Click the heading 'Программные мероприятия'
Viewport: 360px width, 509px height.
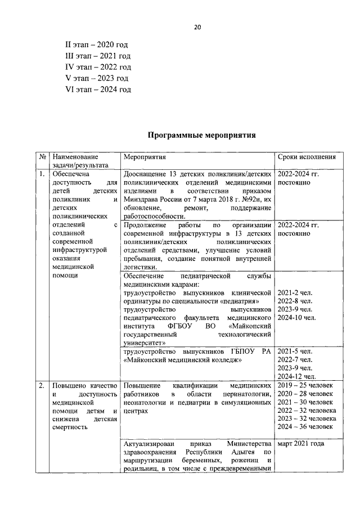click(x=201, y=135)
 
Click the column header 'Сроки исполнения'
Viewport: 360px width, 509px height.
click(x=307, y=157)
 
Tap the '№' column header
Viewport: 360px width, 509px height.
click(x=43, y=157)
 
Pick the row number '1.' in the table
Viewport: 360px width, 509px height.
click(x=42, y=174)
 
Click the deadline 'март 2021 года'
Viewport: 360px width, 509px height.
click(x=301, y=444)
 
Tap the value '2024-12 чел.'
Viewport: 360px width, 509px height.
click(x=297, y=376)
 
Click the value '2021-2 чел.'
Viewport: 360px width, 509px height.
click(x=295, y=292)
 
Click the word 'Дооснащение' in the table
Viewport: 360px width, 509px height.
click(x=146, y=174)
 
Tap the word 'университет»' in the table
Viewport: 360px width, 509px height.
click(x=144, y=342)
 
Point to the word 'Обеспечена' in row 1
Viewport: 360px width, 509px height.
click(x=70, y=174)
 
